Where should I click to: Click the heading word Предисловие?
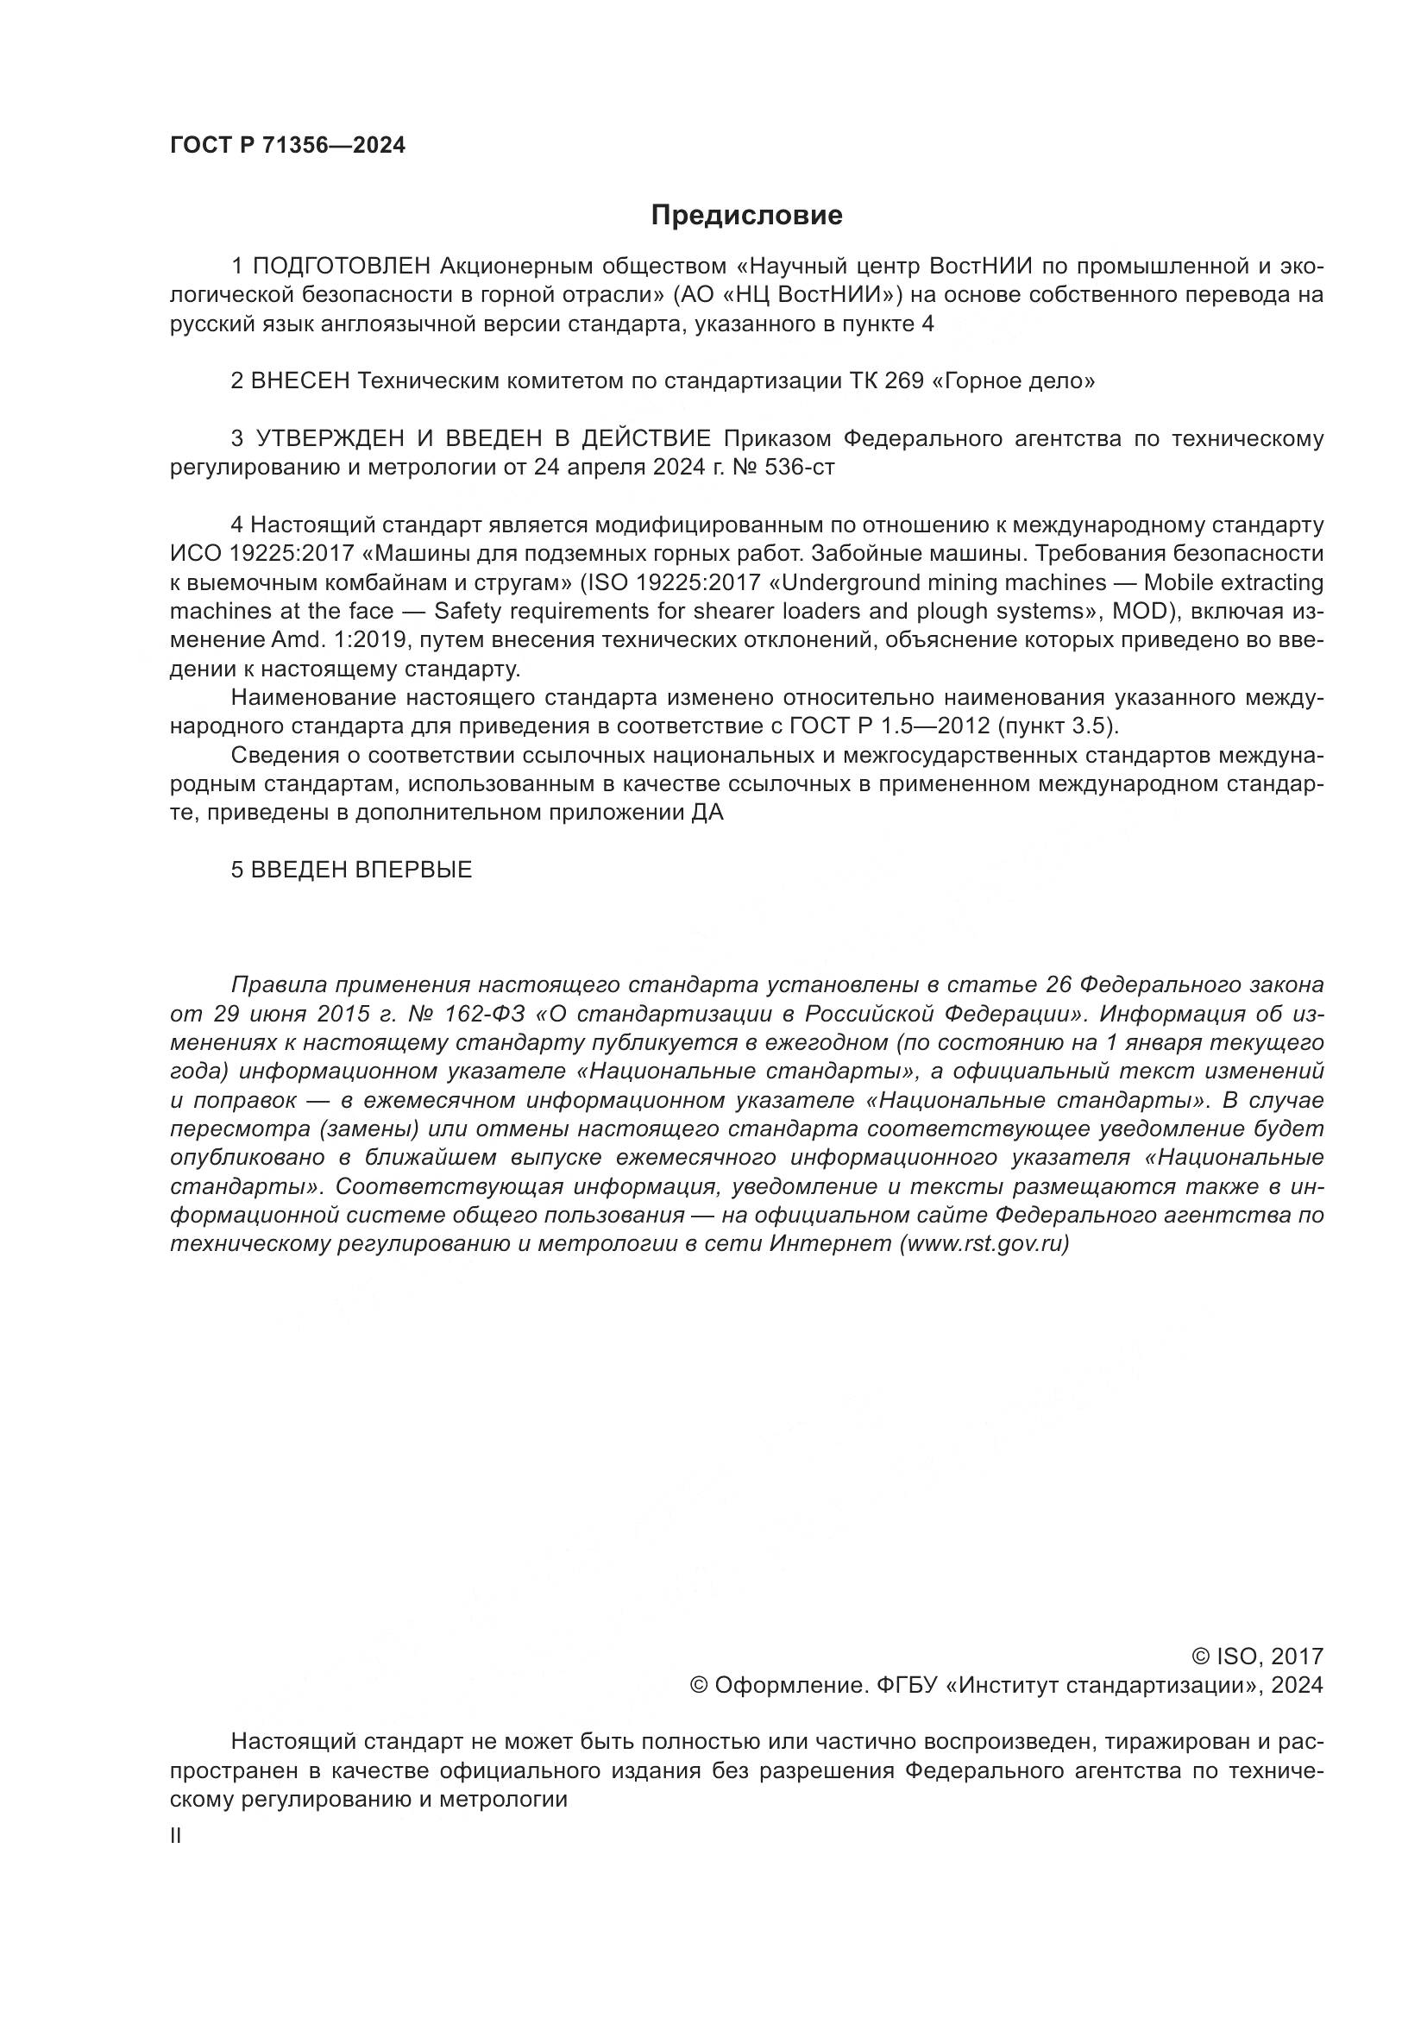tap(746, 216)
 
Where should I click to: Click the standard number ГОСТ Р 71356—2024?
tap(287, 146)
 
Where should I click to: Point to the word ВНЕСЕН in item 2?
tap(300, 381)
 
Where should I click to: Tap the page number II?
tap(176, 1835)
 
